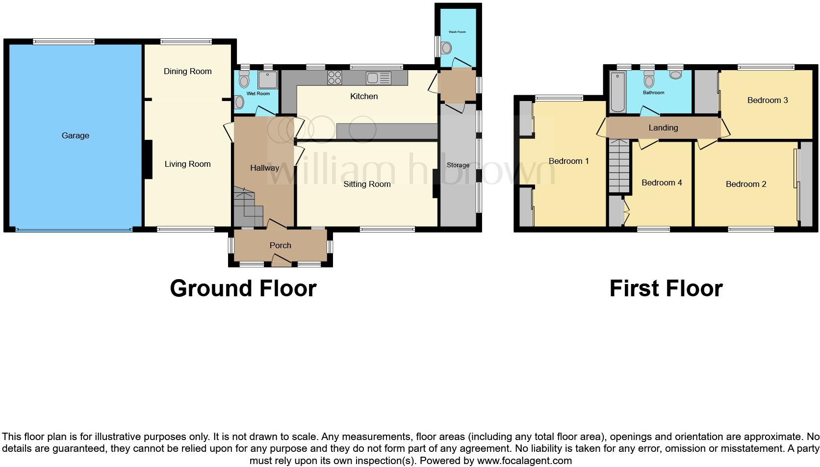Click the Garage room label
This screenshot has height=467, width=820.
75,136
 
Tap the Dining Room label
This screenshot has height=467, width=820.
187,72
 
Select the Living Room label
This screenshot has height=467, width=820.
187,164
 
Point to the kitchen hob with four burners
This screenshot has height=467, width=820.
334,78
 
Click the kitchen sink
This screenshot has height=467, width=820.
378,78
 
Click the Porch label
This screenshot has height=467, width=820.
280,246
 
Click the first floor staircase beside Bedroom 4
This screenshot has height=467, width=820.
619,166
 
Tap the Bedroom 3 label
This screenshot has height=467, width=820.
767,101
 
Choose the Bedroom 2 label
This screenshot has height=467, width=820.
745,184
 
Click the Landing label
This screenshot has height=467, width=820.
663,128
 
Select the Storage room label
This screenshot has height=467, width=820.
458,165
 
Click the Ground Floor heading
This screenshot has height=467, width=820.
243,288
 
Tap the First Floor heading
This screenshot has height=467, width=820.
666,288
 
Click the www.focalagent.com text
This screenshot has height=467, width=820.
524,461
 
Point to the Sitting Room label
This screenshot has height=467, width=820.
367,184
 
